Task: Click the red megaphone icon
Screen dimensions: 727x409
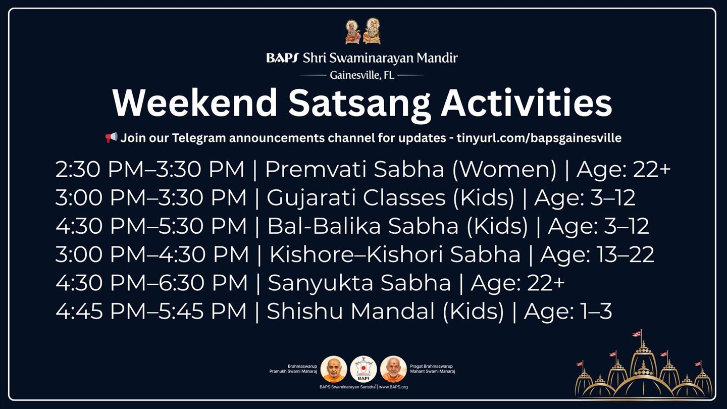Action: click(x=111, y=138)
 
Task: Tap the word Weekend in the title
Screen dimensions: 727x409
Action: click(x=194, y=103)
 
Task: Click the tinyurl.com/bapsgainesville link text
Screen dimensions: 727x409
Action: click(x=539, y=138)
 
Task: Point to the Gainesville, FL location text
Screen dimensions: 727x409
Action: click(x=362, y=75)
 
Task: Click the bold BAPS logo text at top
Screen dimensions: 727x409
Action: click(x=282, y=58)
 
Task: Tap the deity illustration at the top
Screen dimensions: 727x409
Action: click(x=363, y=31)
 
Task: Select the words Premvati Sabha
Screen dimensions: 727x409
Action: click(x=354, y=169)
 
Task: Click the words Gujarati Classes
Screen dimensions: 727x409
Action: click(x=356, y=198)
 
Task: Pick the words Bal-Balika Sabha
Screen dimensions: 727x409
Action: click(x=362, y=226)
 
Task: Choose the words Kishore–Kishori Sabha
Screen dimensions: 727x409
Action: click(x=395, y=254)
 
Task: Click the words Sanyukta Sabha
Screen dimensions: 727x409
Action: click(x=359, y=283)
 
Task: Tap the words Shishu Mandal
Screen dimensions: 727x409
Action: click(x=350, y=311)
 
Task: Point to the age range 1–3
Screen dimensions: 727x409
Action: click(x=596, y=311)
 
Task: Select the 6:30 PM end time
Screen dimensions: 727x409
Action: click(x=203, y=283)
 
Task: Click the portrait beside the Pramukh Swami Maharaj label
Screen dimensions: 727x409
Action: click(x=334, y=369)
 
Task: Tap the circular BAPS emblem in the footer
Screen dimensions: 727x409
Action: click(x=363, y=369)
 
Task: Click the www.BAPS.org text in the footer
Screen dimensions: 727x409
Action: click(x=393, y=387)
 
